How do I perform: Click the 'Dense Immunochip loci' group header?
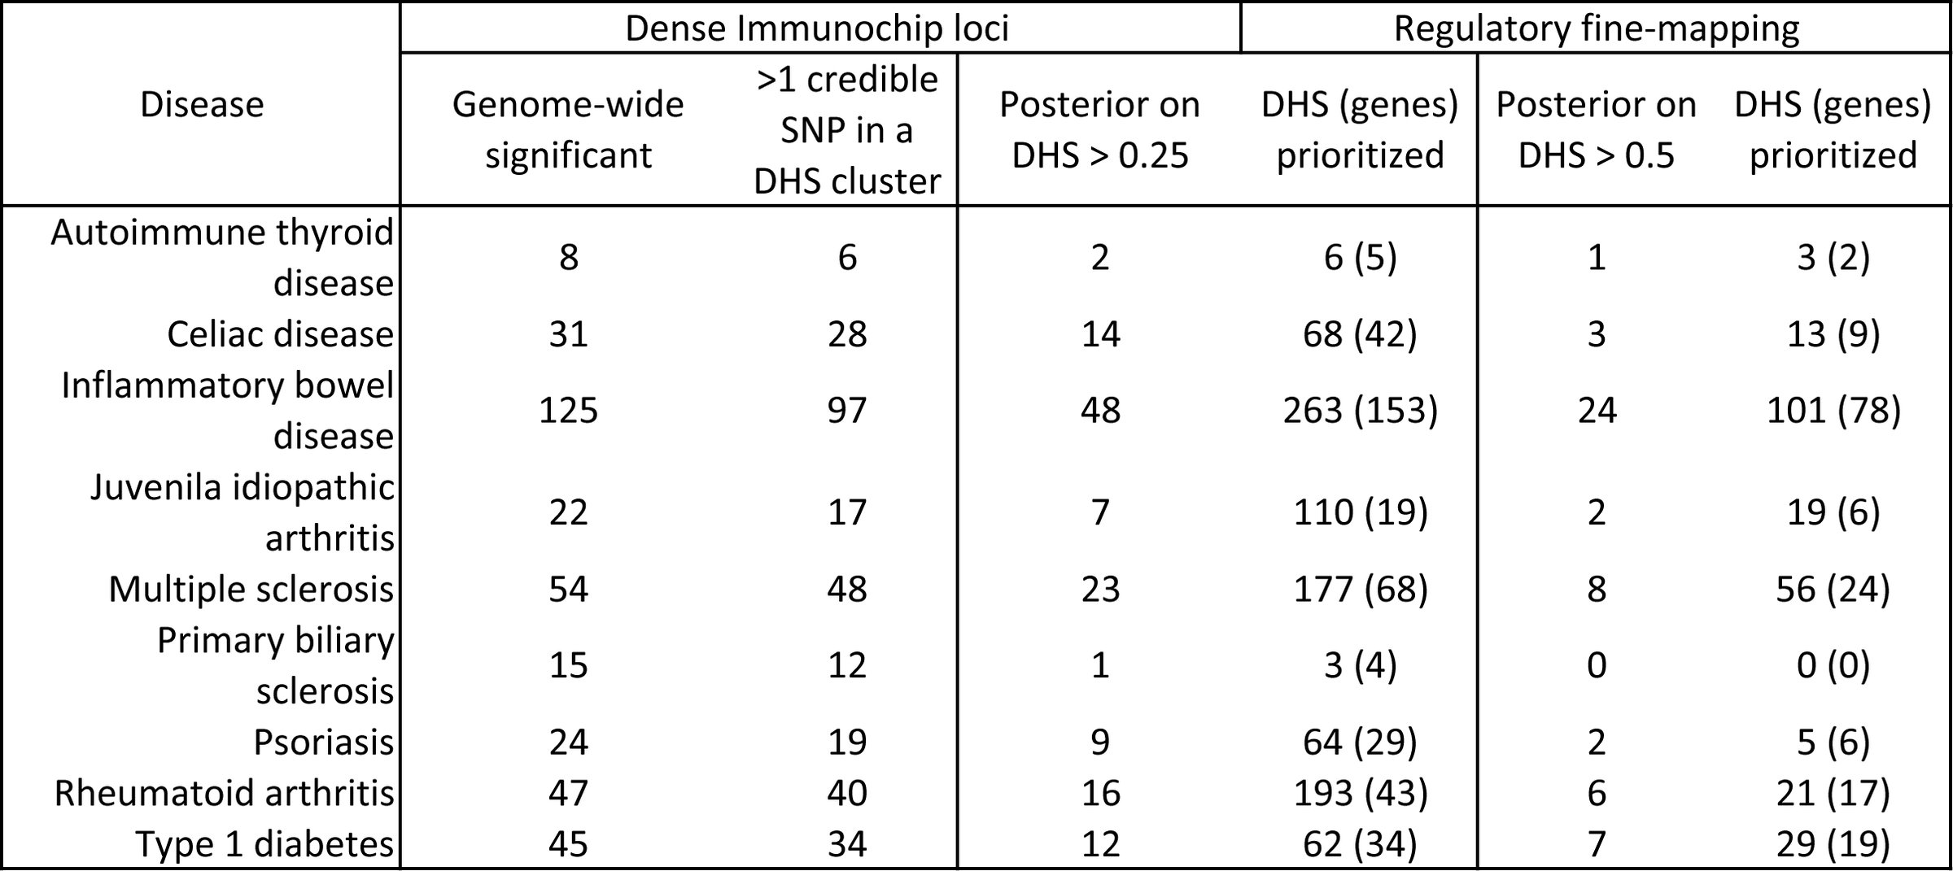click(x=817, y=28)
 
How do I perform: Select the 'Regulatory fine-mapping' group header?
click(x=1597, y=28)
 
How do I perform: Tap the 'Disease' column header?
click(x=202, y=105)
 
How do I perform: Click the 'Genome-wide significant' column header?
click(x=568, y=130)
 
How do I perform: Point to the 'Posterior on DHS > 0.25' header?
click(x=1099, y=130)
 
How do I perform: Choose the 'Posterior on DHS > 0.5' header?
click(x=1596, y=130)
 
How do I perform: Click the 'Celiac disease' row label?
click(x=280, y=334)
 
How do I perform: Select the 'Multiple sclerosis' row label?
click(x=251, y=589)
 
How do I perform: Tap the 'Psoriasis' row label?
click(x=323, y=742)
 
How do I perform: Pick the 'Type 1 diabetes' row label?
click(x=264, y=843)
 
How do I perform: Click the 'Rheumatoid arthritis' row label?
click(x=224, y=793)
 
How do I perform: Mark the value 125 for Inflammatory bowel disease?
click(x=568, y=410)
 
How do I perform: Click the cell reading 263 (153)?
click(x=1360, y=410)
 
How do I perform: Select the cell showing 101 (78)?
click(x=1833, y=410)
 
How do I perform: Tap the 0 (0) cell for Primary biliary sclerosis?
click(x=1833, y=665)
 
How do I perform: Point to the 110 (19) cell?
click(x=1360, y=512)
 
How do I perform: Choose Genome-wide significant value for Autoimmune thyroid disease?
click(x=568, y=258)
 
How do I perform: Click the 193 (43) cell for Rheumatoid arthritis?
click(x=1360, y=793)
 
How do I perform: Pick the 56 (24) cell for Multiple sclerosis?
click(x=1833, y=589)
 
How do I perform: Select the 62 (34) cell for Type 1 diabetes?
click(x=1360, y=843)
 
